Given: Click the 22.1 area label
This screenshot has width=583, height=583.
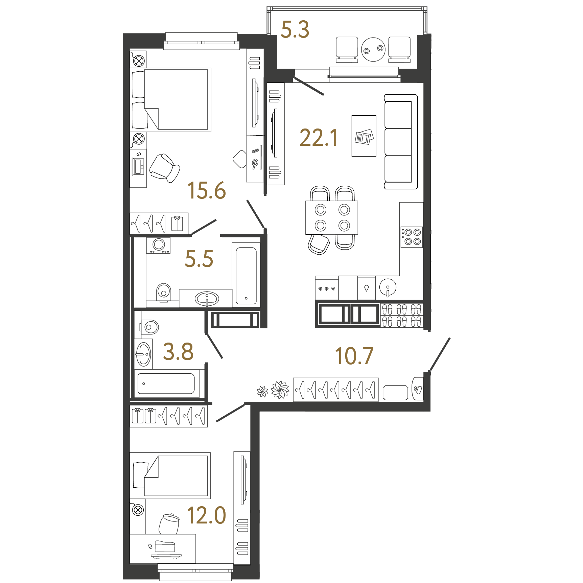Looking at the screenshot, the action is [x=319, y=138].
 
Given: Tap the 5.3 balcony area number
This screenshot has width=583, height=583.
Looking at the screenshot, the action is [x=295, y=29].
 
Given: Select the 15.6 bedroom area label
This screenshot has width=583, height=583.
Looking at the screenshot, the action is [x=207, y=190].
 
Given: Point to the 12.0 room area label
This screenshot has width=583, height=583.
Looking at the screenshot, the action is [x=207, y=515].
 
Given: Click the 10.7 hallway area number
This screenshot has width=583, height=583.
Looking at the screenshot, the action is [x=354, y=356].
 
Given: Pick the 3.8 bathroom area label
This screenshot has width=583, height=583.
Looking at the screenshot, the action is [x=178, y=351].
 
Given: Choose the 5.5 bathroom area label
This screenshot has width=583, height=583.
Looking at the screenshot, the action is [x=199, y=259].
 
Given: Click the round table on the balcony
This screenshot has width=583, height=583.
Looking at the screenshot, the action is [x=373, y=49].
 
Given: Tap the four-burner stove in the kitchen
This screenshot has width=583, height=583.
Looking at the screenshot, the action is [x=412, y=237].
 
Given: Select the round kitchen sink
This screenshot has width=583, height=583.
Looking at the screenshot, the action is [x=388, y=288].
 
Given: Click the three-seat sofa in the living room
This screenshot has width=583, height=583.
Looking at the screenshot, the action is [x=401, y=142].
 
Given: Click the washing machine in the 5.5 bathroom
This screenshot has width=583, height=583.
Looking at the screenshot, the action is [x=158, y=245].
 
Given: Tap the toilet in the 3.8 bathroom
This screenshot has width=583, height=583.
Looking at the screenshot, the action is [x=149, y=327].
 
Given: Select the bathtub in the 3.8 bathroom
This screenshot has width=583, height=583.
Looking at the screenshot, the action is [x=166, y=383].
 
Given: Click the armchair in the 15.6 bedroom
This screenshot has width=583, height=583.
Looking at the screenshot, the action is [x=165, y=168].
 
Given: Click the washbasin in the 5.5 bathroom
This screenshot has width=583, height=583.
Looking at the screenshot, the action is [x=207, y=299].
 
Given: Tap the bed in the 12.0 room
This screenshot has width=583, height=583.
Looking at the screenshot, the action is [x=170, y=476].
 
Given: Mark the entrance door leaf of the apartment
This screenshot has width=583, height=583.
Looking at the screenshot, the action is [x=440, y=354].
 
